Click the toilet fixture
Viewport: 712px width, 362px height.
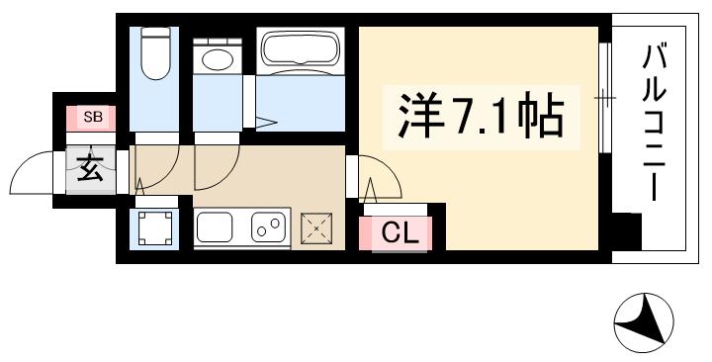(x=156, y=53)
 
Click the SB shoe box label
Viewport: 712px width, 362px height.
(x=92, y=118)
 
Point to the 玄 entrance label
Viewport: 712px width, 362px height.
(x=90, y=169)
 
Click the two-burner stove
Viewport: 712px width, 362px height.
(x=267, y=229)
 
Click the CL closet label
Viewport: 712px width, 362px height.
(x=402, y=235)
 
